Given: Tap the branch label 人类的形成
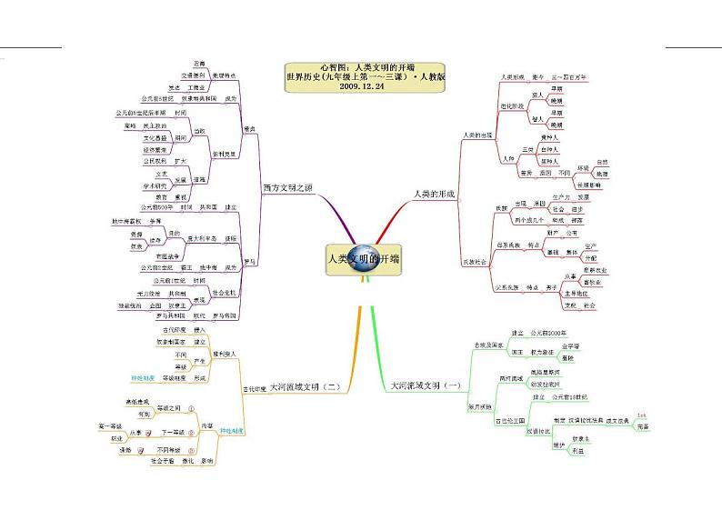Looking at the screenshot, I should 434,194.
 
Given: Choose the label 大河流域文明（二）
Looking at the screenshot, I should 305,386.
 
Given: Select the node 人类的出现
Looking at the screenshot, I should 477,135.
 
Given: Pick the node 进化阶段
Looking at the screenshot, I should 516,105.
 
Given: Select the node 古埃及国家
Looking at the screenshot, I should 487,345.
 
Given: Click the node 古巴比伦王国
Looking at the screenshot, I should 510,421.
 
